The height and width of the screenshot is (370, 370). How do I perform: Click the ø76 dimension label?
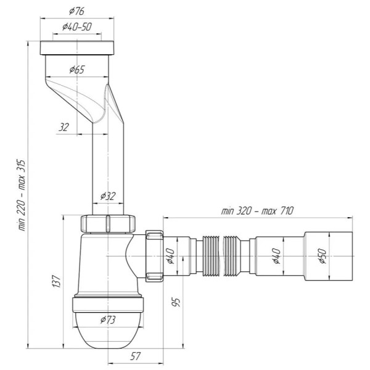click(76, 11)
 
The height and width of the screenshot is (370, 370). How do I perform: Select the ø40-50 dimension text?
click(77, 27)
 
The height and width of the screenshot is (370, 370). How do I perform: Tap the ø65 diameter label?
click(77, 70)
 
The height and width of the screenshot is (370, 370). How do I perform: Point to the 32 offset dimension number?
click(64, 128)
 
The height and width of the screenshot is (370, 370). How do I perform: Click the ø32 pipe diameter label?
click(108, 196)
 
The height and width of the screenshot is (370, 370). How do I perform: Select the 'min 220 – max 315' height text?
click(22, 195)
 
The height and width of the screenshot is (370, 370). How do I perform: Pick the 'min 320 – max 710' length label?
click(257, 211)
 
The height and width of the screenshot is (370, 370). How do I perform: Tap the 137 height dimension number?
click(56, 281)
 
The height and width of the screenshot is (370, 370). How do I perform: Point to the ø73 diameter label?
click(108, 320)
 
